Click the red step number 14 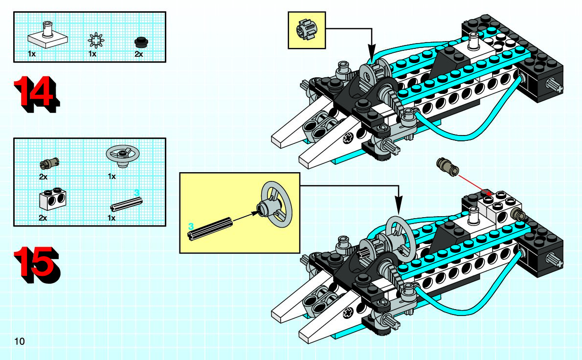pyautogui.click(x=37, y=94)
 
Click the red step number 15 pyautogui.click(x=36, y=265)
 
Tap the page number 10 pyautogui.click(x=19, y=341)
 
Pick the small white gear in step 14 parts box pyautogui.click(x=96, y=40)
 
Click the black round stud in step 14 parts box pyautogui.click(x=141, y=42)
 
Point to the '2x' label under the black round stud pyautogui.click(x=138, y=54)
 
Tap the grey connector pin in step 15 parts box pyautogui.click(x=49, y=163)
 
